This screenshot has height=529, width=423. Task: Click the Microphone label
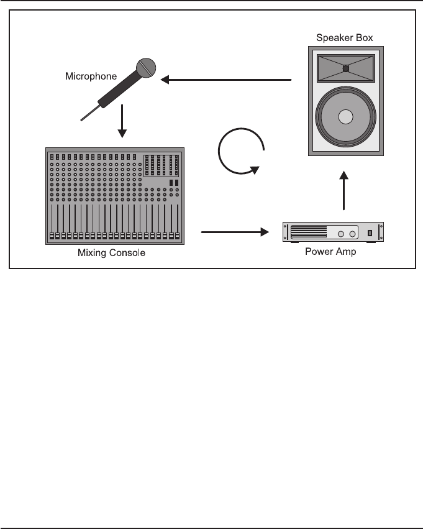coord(91,76)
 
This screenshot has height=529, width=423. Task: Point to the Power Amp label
coord(330,252)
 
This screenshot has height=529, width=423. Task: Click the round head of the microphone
coord(147,67)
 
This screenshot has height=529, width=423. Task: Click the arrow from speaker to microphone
coord(226,80)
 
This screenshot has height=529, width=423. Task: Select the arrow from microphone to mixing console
coord(122,121)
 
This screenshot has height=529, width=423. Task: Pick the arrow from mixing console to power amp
coord(234,232)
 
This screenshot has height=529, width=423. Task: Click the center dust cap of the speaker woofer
coord(346,117)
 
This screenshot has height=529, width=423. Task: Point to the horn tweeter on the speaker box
coord(346,68)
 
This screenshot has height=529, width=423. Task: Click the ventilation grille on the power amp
coord(309,232)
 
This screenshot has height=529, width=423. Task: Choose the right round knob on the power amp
coord(352,234)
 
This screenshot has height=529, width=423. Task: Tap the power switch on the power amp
coord(370,233)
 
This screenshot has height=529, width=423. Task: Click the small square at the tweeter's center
coord(346,68)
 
